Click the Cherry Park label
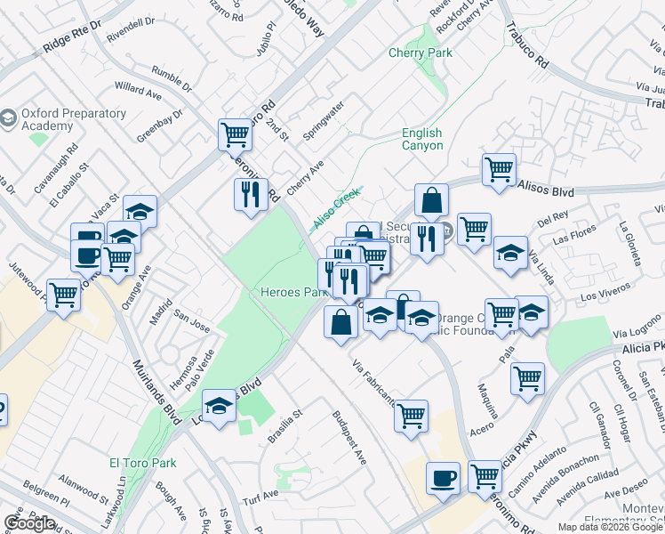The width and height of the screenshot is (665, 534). [420, 53]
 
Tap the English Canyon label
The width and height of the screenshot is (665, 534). [421, 140]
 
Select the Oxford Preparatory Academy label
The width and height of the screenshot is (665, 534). [59, 120]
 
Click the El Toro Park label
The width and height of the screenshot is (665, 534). [142, 463]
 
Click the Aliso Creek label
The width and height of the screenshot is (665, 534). [335, 211]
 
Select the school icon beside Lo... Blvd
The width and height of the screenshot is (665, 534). [218, 407]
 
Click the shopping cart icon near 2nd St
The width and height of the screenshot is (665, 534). [235, 134]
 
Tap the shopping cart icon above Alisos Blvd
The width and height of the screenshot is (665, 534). [499, 168]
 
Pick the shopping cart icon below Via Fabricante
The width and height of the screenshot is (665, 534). [411, 416]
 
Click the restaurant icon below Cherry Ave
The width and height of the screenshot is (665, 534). [250, 194]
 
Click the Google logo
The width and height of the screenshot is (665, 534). [29, 523]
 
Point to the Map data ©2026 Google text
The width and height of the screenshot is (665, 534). [609, 527]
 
